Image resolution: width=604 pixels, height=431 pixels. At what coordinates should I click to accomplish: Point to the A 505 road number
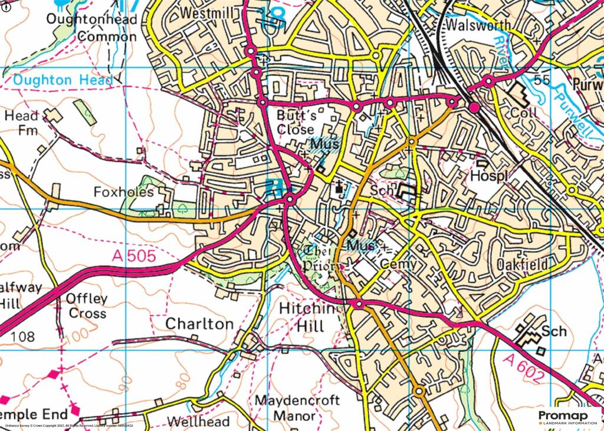[133, 256]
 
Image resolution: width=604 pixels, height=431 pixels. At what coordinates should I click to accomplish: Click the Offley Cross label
[86, 305]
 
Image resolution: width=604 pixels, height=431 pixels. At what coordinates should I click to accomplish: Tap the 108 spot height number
[22, 337]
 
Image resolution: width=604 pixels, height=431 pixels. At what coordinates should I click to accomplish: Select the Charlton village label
[199, 324]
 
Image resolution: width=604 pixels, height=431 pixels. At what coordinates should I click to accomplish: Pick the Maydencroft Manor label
[297, 408]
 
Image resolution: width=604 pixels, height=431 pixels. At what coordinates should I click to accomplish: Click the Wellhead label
[190, 422]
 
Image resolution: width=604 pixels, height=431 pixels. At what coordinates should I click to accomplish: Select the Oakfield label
[522, 265]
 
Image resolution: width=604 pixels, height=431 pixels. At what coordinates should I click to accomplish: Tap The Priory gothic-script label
[319, 258]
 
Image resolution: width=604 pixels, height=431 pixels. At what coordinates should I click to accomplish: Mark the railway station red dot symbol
[474, 107]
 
